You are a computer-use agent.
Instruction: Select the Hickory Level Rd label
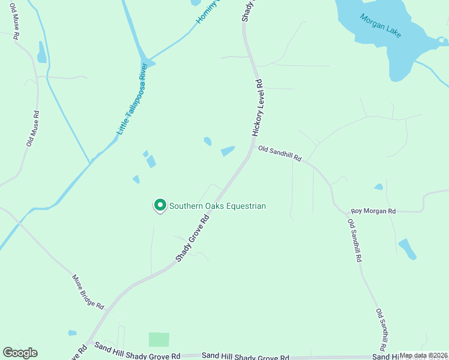click(258, 107)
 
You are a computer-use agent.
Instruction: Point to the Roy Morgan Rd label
click(373, 211)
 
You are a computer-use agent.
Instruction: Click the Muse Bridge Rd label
click(88, 292)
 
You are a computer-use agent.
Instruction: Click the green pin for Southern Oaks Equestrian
click(160, 205)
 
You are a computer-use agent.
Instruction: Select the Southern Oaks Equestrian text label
click(217, 206)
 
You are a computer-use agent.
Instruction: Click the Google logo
click(20, 353)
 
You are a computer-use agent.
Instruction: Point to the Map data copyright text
click(423, 355)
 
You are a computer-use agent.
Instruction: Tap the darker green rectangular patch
click(159, 340)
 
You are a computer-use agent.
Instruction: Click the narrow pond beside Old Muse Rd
click(41, 53)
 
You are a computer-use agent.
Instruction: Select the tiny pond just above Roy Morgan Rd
click(378, 187)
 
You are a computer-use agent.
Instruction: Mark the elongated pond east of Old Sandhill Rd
click(407, 249)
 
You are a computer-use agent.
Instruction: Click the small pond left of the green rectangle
click(73, 332)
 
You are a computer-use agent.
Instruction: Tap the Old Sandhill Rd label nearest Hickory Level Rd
click(279, 154)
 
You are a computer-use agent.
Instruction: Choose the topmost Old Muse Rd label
click(14, 21)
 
